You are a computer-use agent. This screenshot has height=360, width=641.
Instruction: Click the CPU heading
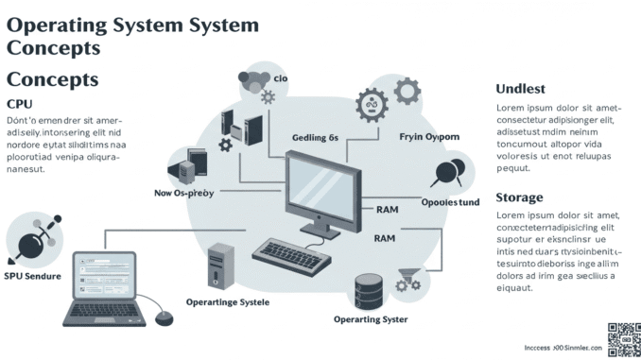click(21, 104)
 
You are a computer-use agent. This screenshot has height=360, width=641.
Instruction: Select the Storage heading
click(519, 197)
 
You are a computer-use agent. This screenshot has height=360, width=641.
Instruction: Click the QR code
click(623, 338)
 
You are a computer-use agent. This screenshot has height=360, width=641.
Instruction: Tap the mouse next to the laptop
click(164, 317)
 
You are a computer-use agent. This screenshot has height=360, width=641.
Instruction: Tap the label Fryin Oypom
click(428, 137)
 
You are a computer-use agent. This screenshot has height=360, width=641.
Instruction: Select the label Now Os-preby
click(183, 193)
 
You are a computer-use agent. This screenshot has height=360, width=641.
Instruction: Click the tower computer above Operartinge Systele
click(221, 265)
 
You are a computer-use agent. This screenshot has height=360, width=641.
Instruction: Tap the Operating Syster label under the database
click(371, 319)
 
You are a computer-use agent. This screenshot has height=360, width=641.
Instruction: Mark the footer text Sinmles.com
click(578, 348)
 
